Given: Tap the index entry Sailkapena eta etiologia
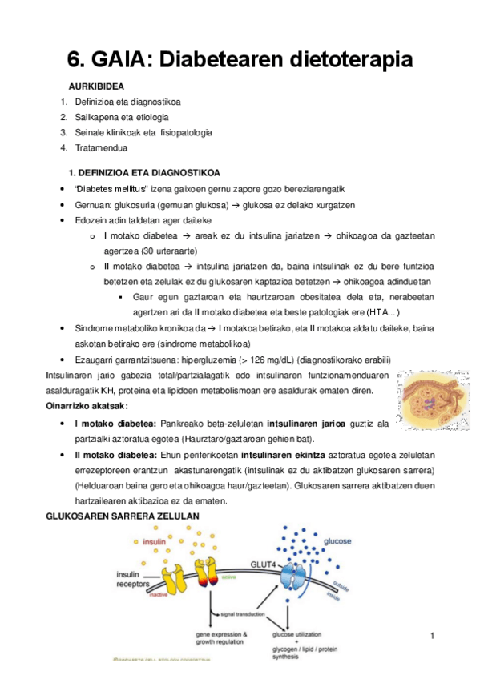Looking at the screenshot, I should tap(122, 117).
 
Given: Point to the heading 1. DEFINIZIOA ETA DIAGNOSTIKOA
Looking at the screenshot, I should tap(146, 173).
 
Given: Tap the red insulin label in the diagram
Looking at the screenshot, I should tap(154, 542).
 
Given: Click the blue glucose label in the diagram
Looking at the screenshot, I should tap(337, 542).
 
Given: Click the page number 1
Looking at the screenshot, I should tap(432, 637).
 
